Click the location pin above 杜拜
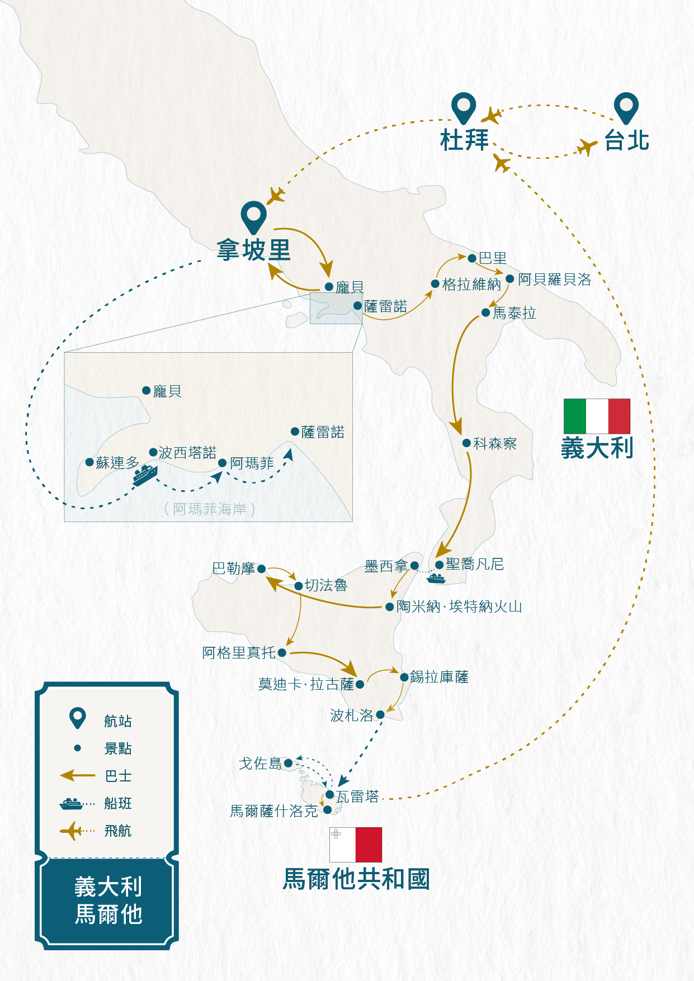(464, 107)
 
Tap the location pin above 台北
(626, 107)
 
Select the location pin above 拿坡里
(253, 217)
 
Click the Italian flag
(597, 416)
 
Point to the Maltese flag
(356, 845)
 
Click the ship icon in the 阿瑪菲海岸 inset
(145, 475)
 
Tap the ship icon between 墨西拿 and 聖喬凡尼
(436, 579)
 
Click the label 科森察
(494, 444)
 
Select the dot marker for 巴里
(472, 258)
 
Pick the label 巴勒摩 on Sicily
(233, 568)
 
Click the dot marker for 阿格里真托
(282, 652)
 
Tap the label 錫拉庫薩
(439, 677)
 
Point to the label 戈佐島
(260, 764)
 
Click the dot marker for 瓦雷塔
(330, 794)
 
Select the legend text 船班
(118, 804)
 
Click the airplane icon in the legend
(72, 831)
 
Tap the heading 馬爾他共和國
(356, 879)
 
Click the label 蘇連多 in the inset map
(117, 463)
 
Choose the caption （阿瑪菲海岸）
(210, 509)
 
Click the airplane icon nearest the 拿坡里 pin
(275, 196)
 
